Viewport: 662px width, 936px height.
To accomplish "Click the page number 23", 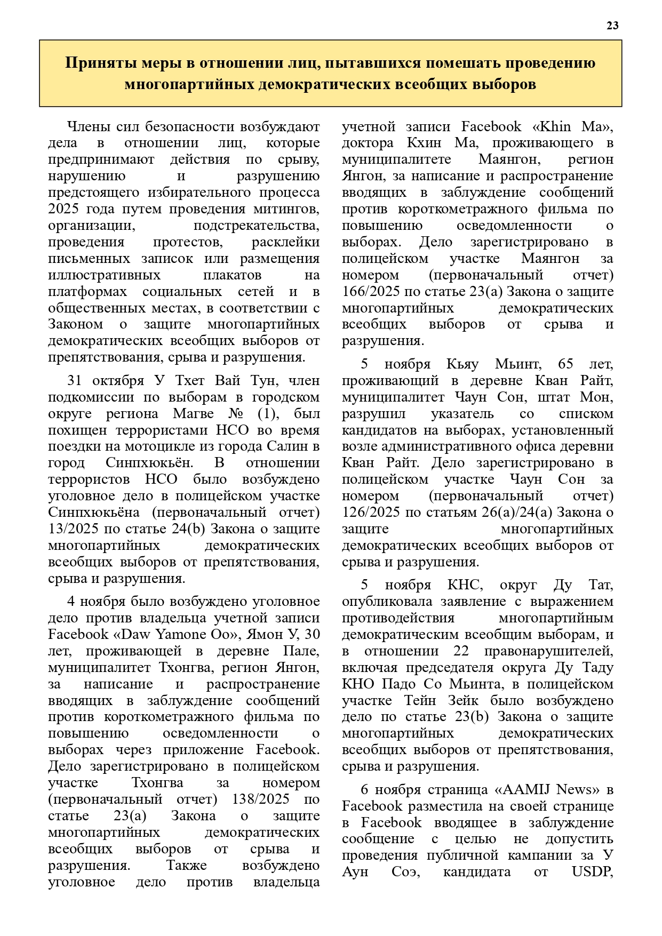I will point(612,26).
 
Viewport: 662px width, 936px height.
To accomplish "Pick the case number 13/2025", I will point(73,529).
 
